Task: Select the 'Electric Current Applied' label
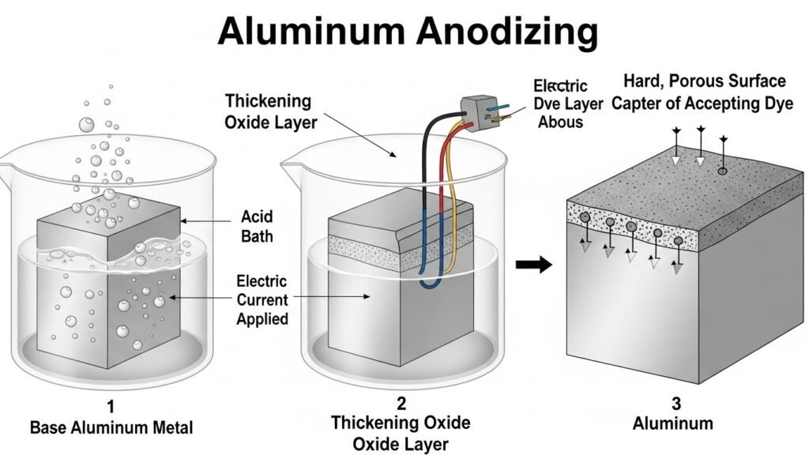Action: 262,299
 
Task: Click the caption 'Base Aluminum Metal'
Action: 111,427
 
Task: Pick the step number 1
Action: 111,407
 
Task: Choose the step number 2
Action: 401,404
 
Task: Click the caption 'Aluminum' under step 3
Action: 672,423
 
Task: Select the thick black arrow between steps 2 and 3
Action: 533,265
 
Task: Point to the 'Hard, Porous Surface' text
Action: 704,81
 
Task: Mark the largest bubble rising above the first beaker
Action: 86,124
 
